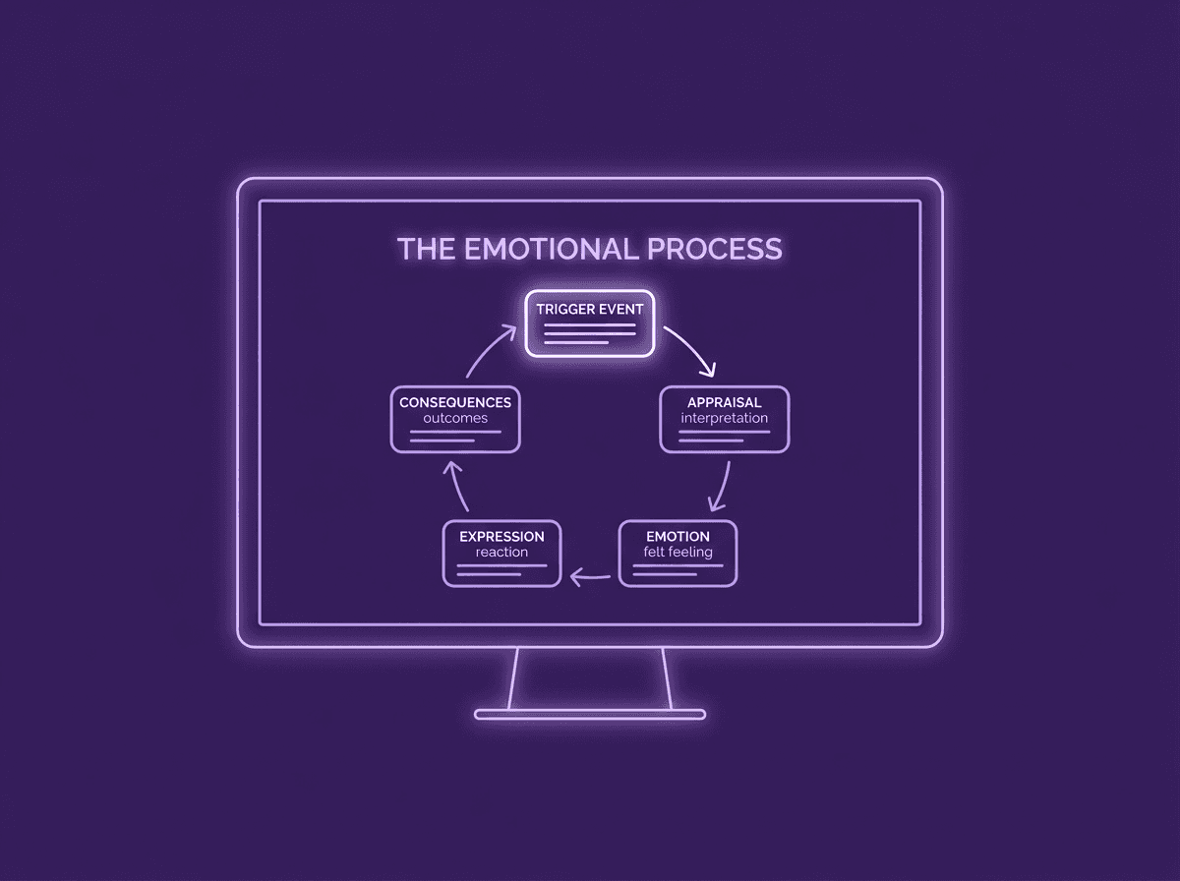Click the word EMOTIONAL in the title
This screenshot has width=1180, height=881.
pos(552,249)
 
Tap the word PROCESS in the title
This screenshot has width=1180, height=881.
pos(715,249)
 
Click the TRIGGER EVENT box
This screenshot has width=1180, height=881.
pos(590,323)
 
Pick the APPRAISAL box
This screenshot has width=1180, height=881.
pos(724,419)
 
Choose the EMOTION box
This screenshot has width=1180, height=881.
pos(678,554)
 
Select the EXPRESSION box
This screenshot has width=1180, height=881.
pos(501,554)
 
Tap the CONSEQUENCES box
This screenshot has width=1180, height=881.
pos(455,419)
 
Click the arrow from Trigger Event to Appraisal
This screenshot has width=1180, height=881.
pos(694,347)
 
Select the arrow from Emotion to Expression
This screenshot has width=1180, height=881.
pos(590,578)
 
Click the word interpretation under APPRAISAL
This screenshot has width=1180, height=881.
pos(724,418)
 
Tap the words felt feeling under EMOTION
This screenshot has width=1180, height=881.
pos(678,552)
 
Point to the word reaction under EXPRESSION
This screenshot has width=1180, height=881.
pos(501,552)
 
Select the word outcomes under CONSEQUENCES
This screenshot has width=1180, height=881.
pos(455,418)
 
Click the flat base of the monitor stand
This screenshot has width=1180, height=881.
pos(590,715)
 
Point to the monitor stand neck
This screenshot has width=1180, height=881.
pos(590,678)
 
